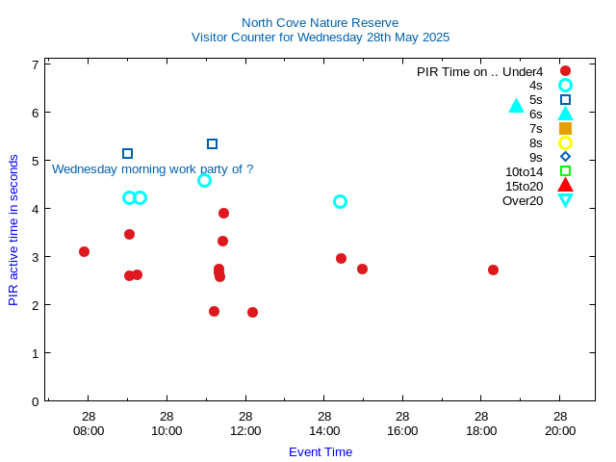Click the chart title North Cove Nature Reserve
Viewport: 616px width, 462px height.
pyautogui.click(x=320, y=22)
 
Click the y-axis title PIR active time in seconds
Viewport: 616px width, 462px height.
pyautogui.click(x=13, y=230)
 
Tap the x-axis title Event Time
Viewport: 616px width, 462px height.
pyautogui.click(x=320, y=451)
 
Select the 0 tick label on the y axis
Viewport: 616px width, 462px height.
pyautogui.click(x=35, y=401)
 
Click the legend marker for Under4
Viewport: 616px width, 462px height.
pyautogui.click(x=565, y=71)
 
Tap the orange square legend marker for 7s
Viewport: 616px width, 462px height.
pyautogui.click(x=565, y=128)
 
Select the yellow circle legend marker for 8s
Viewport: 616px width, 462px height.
pyautogui.click(x=565, y=142)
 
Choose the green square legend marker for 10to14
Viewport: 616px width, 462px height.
pyautogui.click(x=565, y=171)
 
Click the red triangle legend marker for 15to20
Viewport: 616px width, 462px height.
pyautogui.click(x=565, y=186)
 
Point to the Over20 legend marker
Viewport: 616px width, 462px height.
pyautogui.click(x=565, y=200)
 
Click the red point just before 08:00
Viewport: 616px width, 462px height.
pyautogui.click(x=84, y=251)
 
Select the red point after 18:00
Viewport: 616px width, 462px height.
pyautogui.click(x=493, y=269)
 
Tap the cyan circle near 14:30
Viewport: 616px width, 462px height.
pyautogui.click(x=340, y=201)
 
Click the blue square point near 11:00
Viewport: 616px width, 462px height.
pyautogui.click(x=212, y=143)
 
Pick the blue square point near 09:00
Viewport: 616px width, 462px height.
pyautogui.click(x=127, y=153)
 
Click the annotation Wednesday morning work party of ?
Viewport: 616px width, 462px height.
pyautogui.click(x=152, y=169)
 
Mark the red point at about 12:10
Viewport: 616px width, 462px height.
pyautogui.click(x=252, y=312)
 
